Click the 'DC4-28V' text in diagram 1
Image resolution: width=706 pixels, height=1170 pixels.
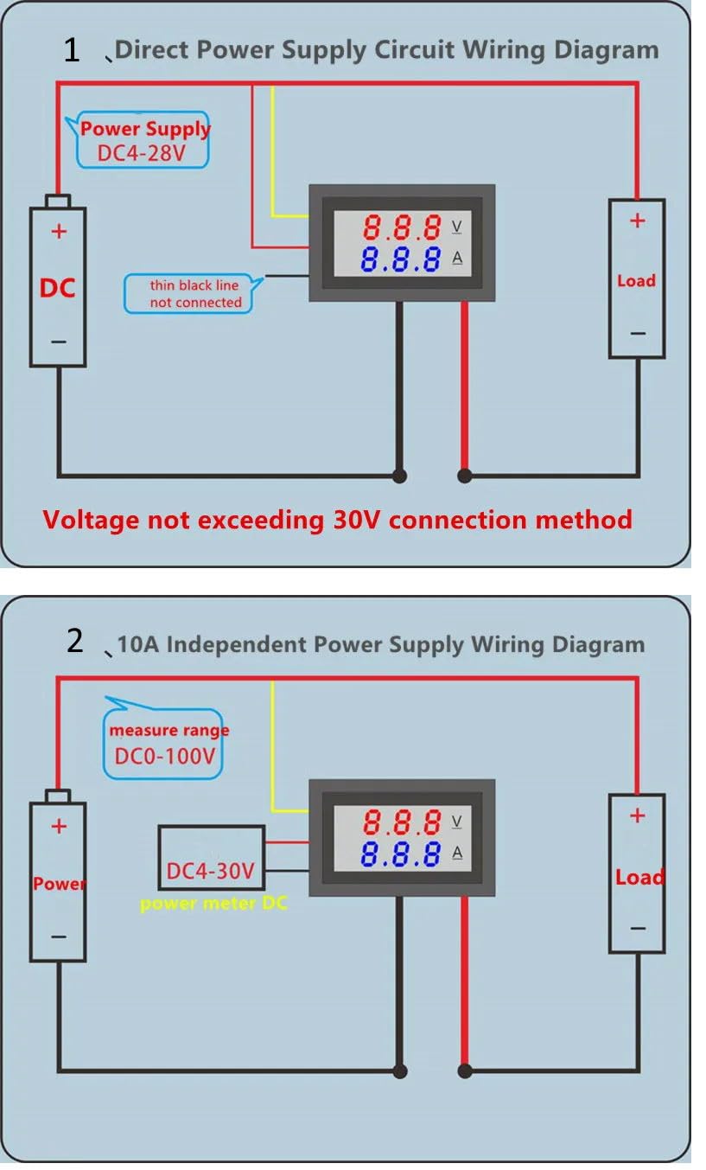[x=143, y=156]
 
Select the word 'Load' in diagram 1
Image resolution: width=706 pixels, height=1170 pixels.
[x=636, y=281]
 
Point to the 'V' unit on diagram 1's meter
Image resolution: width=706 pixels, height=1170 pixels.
[x=457, y=227]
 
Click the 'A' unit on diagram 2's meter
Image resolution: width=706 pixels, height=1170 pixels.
[x=457, y=854]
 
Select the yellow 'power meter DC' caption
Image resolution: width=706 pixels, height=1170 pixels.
[x=213, y=905]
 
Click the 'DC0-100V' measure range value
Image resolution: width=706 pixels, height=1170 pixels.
[x=165, y=757]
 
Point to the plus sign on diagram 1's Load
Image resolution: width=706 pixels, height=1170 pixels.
[x=637, y=221]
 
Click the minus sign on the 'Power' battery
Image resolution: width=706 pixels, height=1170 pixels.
[x=58, y=937]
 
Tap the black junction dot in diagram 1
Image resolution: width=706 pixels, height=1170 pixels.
[x=399, y=475]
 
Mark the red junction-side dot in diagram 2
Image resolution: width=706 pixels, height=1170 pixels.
[x=465, y=1071]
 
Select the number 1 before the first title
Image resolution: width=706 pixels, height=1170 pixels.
[x=72, y=50]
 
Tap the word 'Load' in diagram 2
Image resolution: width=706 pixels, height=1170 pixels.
[x=639, y=878]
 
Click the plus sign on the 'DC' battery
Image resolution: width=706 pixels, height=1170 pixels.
[x=59, y=232]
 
